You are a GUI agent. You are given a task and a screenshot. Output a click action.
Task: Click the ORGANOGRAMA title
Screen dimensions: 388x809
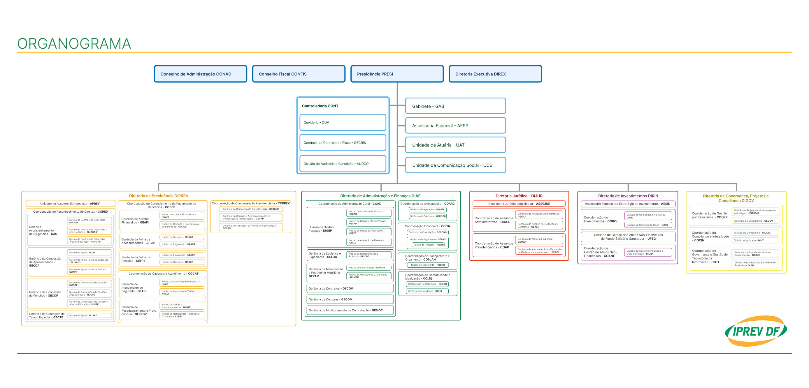click(x=74, y=44)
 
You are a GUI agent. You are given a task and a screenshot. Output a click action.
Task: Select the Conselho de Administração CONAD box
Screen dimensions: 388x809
click(x=200, y=74)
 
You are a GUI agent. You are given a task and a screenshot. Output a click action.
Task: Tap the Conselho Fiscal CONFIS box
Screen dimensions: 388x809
click(x=299, y=74)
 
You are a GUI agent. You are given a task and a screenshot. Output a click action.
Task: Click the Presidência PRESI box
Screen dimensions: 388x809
click(x=397, y=74)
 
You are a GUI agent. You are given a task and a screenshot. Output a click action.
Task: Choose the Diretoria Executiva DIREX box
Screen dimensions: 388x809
click(x=495, y=74)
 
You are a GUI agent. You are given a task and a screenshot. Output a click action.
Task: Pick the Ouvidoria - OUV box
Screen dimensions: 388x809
click(x=343, y=122)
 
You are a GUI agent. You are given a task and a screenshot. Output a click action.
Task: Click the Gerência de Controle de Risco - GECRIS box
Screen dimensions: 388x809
click(x=343, y=143)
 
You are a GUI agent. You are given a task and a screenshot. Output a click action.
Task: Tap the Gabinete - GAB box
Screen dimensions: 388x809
click(x=455, y=106)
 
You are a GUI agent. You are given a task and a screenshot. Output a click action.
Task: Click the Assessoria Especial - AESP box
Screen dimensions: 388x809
click(x=455, y=126)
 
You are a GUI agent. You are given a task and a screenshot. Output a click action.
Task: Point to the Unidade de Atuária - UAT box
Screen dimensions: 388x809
click(x=455, y=145)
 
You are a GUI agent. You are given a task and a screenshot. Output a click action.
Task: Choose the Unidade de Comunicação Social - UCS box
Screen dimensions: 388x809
click(x=455, y=165)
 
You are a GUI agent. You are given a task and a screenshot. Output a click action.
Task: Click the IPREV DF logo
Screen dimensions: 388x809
click(x=756, y=331)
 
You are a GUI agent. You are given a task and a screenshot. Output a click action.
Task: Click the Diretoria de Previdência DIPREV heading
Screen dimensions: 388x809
click(x=159, y=196)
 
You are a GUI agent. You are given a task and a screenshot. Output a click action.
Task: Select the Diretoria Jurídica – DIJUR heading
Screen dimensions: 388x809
click(x=519, y=196)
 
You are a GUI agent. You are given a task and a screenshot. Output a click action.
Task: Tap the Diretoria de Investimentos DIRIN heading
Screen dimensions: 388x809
click(x=628, y=196)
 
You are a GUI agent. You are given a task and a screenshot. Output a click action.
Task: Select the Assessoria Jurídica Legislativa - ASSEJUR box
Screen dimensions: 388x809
click(x=519, y=204)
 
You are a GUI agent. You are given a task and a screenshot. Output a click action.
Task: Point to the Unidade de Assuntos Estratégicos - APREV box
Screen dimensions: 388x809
click(x=70, y=204)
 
